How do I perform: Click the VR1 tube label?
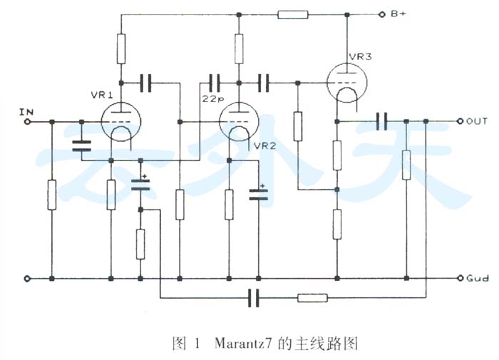[102, 95]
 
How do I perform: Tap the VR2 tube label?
[264, 146]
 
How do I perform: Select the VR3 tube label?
[360, 56]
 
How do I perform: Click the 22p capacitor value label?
[213, 98]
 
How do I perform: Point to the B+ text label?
[398, 14]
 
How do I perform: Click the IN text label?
[26, 112]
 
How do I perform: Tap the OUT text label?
[476, 121]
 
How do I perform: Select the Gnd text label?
[478, 278]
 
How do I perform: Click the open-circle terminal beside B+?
[381, 15]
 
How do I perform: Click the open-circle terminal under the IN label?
[28, 122]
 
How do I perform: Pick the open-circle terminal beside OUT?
[460, 121]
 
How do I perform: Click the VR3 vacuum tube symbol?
[347, 83]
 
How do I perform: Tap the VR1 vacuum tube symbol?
[121, 122]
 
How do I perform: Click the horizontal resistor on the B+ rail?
[293, 15]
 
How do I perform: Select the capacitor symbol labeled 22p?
[214, 83]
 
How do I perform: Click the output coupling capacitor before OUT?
[381, 121]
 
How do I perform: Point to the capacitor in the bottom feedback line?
[254, 298]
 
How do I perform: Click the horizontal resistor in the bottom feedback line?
[312, 298]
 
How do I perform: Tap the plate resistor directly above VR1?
[121, 48]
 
